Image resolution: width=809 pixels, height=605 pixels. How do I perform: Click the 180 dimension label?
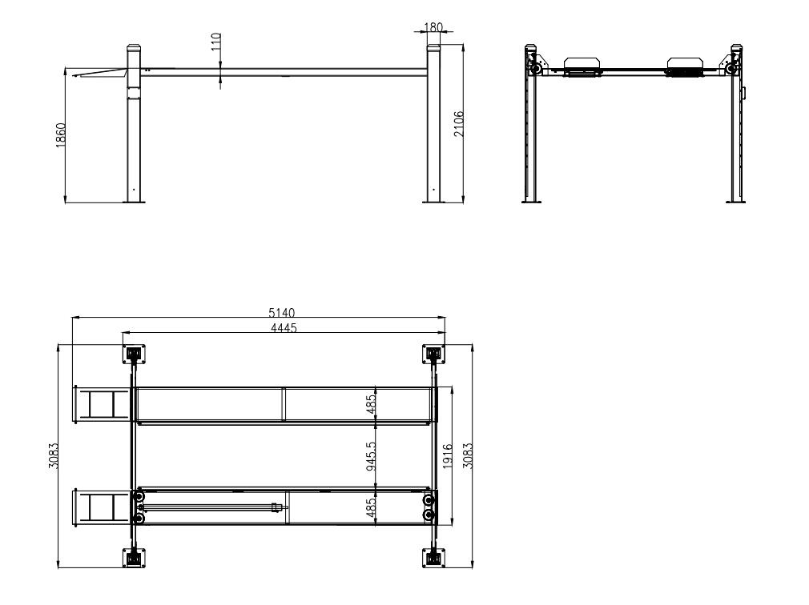coord(433,26)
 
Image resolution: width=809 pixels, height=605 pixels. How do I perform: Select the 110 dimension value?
coord(216,42)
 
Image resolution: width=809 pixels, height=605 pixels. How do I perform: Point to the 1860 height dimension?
coord(61,135)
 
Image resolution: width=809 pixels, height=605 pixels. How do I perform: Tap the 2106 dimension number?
coord(459,124)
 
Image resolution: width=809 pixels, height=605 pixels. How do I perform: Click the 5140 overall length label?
coord(282,312)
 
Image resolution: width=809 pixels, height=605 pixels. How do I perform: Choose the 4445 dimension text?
coord(284,328)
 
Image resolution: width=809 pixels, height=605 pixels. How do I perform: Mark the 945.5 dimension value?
coord(371,455)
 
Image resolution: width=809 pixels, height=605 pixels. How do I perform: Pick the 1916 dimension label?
coord(447,456)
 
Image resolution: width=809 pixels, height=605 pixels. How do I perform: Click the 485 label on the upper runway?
coord(371,405)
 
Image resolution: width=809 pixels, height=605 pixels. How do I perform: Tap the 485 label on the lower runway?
coord(371,507)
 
